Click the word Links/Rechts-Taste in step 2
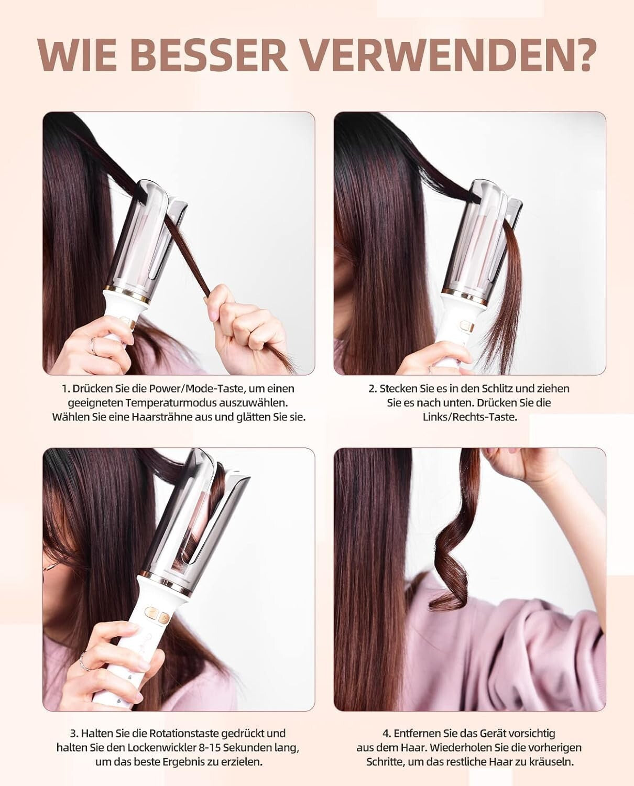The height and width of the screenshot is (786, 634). (x=470, y=417)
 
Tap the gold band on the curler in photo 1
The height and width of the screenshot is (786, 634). (x=128, y=292)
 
